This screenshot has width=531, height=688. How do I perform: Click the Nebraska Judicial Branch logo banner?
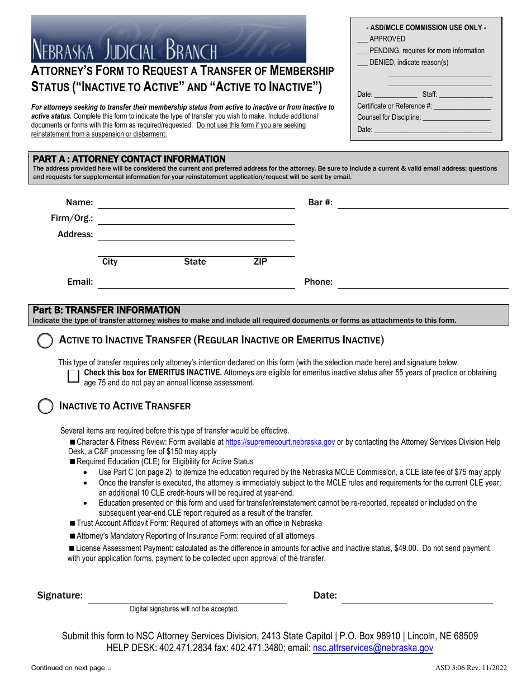pyautogui.click(x=168, y=39)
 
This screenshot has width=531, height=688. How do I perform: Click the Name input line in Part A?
pyautogui.click(x=196, y=203)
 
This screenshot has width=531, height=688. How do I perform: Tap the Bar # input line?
pyautogui.click(x=423, y=203)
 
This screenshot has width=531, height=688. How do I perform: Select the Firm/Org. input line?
pyautogui.click(x=196, y=219)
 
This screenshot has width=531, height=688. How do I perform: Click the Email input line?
pyautogui.click(x=196, y=282)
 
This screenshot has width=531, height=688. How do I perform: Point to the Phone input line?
pyautogui.click(x=423, y=282)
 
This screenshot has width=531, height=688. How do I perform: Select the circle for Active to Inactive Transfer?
pyautogui.click(x=45, y=341)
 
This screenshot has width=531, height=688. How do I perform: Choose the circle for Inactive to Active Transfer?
pyautogui.click(x=45, y=407)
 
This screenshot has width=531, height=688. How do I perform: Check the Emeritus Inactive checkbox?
pyautogui.click(x=73, y=376)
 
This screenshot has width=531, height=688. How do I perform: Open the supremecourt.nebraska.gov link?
pyautogui.click(x=280, y=442)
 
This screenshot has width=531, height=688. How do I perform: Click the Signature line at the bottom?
pyautogui.click(x=187, y=597)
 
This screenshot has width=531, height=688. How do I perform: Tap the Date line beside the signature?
pyautogui.click(x=417, y=597)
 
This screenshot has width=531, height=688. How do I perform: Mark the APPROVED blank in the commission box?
pyautogui.click(x=362, y=39)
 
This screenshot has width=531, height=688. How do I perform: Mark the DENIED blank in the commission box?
pyautogui.click(x=362, y=63)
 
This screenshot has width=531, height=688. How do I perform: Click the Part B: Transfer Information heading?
pyautogui.click(x=107, y=310)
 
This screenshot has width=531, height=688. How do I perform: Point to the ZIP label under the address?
pyautogui.click(x=260, y=262)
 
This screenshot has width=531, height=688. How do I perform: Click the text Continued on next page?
pyautogui.click(x=72, y=668)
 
